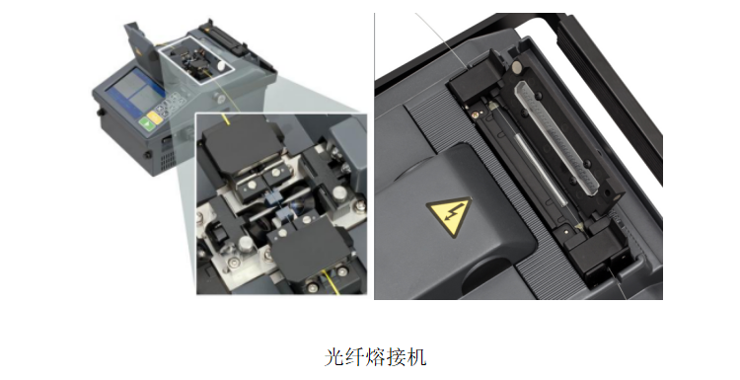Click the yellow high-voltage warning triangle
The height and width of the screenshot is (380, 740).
tap(449, 216)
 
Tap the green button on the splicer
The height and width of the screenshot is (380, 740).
tap(147, 124)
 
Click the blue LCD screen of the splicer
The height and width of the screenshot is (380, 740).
tap(133, 93)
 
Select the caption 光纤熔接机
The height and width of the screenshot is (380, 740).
tap(375, 357)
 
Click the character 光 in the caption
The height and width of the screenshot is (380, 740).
tap(333, 357)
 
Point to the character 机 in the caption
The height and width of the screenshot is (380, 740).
tap(417, 357)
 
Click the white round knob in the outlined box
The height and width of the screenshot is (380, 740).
tap(220, 66)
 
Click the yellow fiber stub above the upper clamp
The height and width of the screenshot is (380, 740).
tap(227, 119)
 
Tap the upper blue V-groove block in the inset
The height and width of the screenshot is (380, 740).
tap(272, 197)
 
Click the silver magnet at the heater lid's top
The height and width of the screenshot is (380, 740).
tap(518, 68)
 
